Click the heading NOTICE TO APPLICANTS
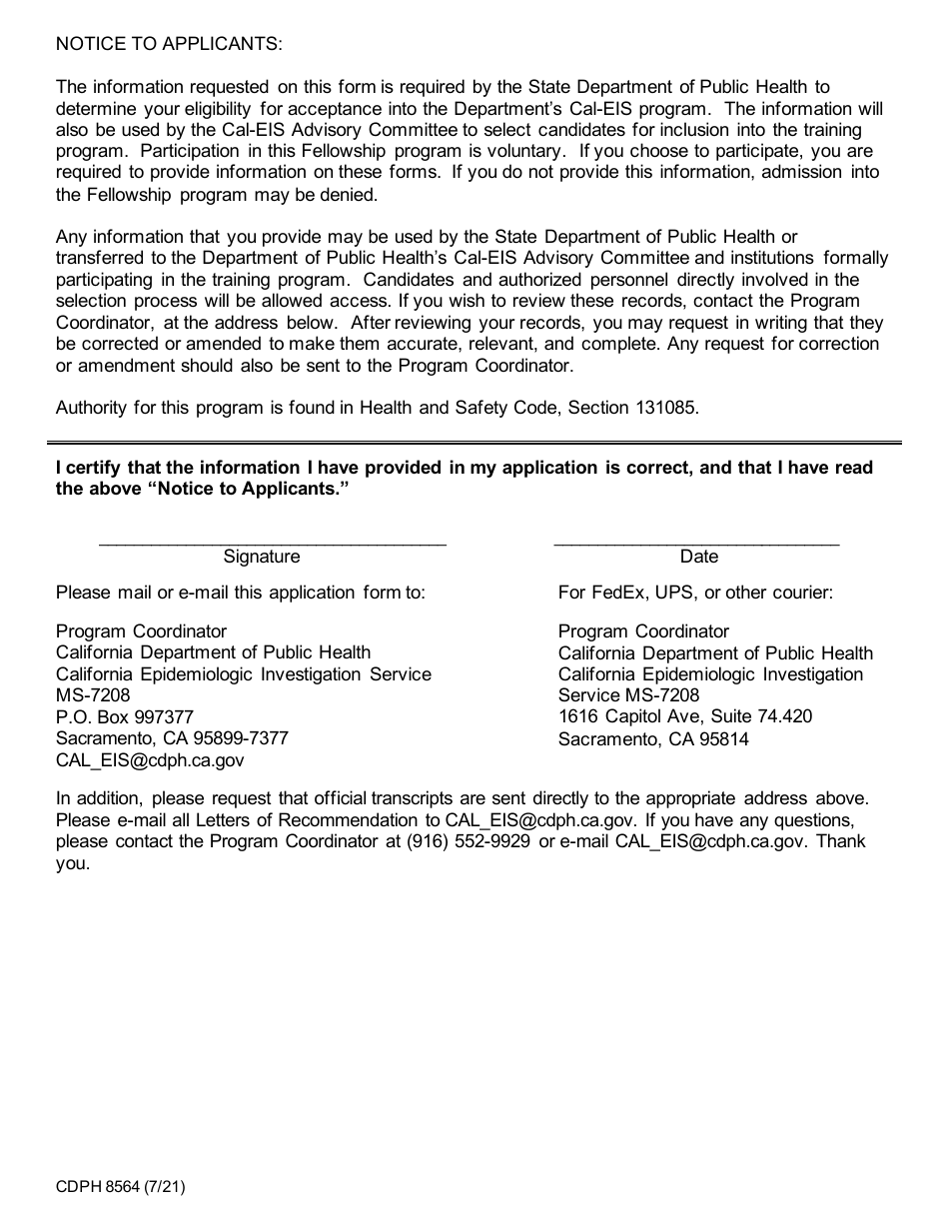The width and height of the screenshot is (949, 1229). tap(169, 44)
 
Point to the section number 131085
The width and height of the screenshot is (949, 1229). tap(665, 408)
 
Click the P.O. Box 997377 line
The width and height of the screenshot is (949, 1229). tap(125, 717)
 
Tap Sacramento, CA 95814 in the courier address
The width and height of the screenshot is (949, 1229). tap(653, 739)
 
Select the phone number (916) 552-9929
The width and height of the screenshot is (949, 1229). tap(469, 841)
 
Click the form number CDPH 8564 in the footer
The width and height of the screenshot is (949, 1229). tap(98, 1188)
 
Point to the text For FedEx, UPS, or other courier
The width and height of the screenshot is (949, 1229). tap(695, 593)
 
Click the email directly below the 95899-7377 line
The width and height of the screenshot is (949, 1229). tap(150, 760)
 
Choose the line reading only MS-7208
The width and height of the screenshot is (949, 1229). tap(93, 695)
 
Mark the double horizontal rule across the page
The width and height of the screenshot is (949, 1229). tap(474, 443)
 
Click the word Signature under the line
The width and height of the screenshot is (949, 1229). tap(262, 557)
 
